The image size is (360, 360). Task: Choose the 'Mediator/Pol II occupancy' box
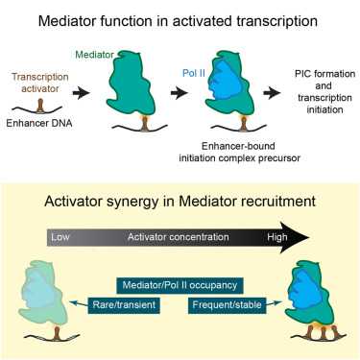(180, 285)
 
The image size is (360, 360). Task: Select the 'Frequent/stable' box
(227, 305)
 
